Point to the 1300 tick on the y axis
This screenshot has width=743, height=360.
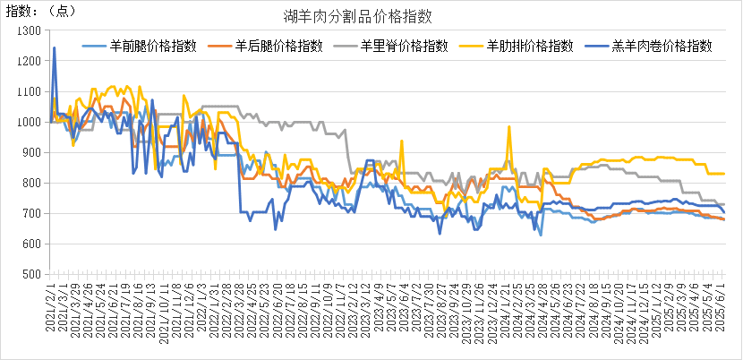pos(30,30)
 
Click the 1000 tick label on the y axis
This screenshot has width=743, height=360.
pos(30,122)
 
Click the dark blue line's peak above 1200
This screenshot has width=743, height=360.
pos(55,47)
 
